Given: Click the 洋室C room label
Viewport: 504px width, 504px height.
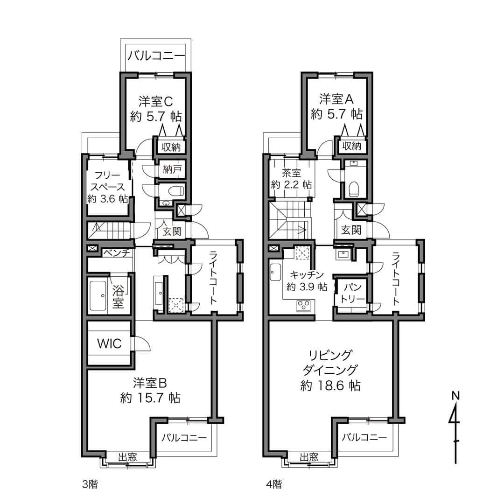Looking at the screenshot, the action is click(x=156, y=102).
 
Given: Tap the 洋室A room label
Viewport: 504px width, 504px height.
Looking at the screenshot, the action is click(x=336, y=99).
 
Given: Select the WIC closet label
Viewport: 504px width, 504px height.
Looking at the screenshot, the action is click(x=109, y=343).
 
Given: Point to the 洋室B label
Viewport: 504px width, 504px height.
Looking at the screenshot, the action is click(x=150, y=383).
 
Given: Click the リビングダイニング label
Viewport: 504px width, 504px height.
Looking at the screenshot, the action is click(x=330, y=363).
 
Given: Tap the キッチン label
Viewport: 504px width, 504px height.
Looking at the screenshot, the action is click(x=307, y=275).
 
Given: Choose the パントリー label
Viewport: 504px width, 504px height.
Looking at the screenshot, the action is click(x=353, y=293).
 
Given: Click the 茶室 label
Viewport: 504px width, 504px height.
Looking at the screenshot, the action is click(x=291, y=173).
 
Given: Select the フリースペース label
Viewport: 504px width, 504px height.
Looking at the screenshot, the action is click(x=108, y=181).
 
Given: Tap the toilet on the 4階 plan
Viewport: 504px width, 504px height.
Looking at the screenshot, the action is click(x=353, y=189).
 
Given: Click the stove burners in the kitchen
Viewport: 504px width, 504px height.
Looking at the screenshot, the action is click(x=303, y=305).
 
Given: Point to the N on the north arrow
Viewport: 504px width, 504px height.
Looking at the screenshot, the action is click(x=455, y=396).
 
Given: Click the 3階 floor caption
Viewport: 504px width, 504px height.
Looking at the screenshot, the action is click(x=90, y=484).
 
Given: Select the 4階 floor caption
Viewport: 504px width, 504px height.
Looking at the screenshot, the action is click(x=274, y=484).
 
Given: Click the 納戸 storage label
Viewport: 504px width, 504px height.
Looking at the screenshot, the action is click(x=172, y=169).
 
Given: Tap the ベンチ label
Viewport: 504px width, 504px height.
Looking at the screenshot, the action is click(x=117, y=253).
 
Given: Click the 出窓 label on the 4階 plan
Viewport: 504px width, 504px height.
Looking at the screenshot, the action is click(x=309, y=457).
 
